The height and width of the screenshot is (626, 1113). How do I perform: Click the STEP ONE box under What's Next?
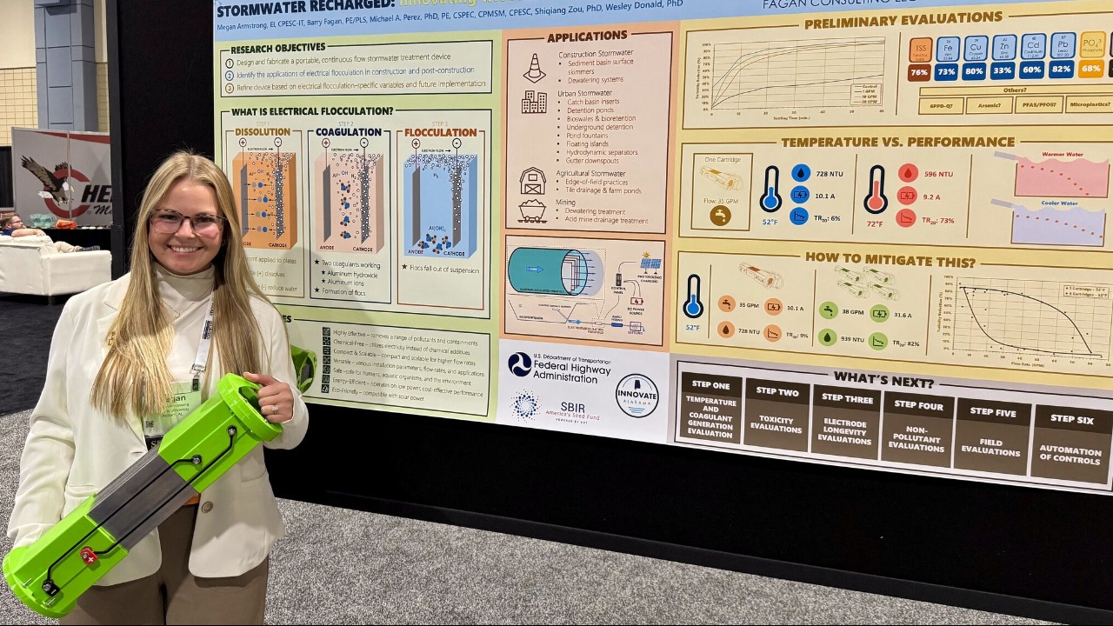coord(710,407)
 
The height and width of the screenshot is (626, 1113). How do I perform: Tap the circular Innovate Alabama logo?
coord(637,396)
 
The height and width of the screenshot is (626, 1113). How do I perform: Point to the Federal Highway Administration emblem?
coord(520,364)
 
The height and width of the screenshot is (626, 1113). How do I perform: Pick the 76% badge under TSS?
coord(919,72)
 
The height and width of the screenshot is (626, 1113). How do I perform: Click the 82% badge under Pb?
coord(1062,70)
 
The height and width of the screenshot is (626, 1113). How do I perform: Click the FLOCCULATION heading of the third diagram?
coord(440,133)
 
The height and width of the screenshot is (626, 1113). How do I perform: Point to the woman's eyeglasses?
coord(186,223)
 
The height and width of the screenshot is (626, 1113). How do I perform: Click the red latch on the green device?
coord(88,555)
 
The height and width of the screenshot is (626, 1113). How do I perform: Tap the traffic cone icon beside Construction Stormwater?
coord(534,68)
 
